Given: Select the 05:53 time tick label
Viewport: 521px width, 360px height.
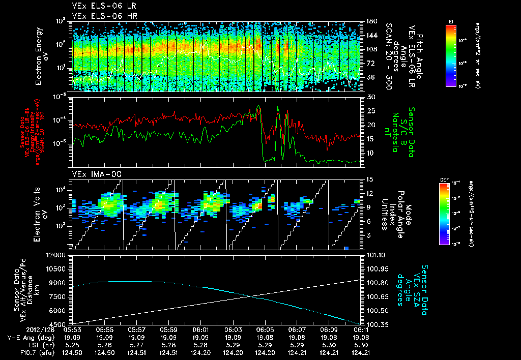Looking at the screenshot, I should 72,329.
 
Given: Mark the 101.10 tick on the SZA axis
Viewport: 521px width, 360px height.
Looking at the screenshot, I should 375,255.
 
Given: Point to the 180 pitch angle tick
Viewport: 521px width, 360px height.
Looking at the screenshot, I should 370,21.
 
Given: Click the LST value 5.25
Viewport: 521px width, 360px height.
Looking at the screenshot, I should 72,344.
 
